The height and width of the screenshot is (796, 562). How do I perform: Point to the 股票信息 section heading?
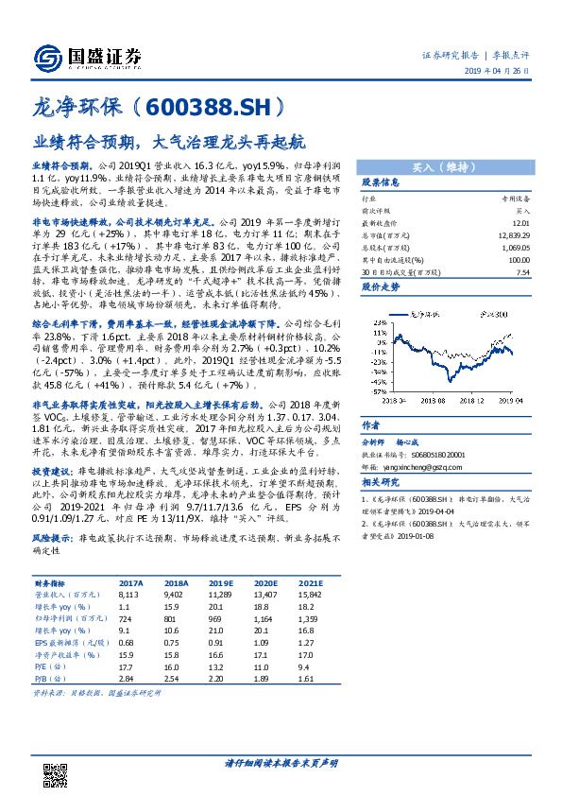click(383, 182)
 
